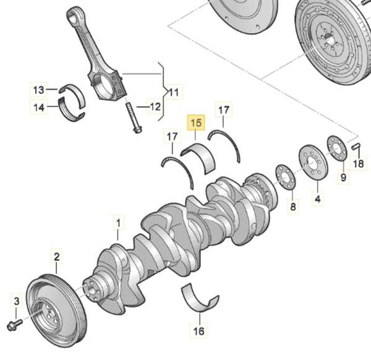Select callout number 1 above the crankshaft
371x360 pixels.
[118, 220]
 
